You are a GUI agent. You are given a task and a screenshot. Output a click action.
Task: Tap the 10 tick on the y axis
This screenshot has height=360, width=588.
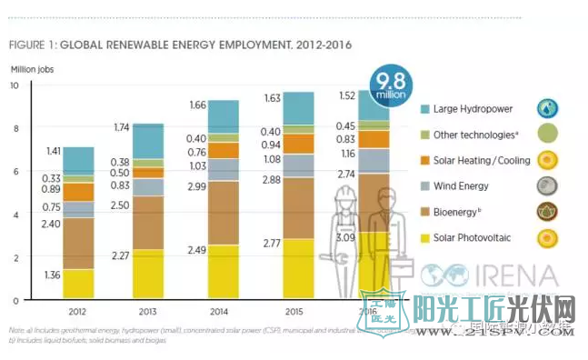(14, 85)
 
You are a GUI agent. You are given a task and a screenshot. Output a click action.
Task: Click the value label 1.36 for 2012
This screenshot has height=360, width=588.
(53, 275)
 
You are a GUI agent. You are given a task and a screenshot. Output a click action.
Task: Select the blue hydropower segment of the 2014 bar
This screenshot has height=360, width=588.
(236, 116)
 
